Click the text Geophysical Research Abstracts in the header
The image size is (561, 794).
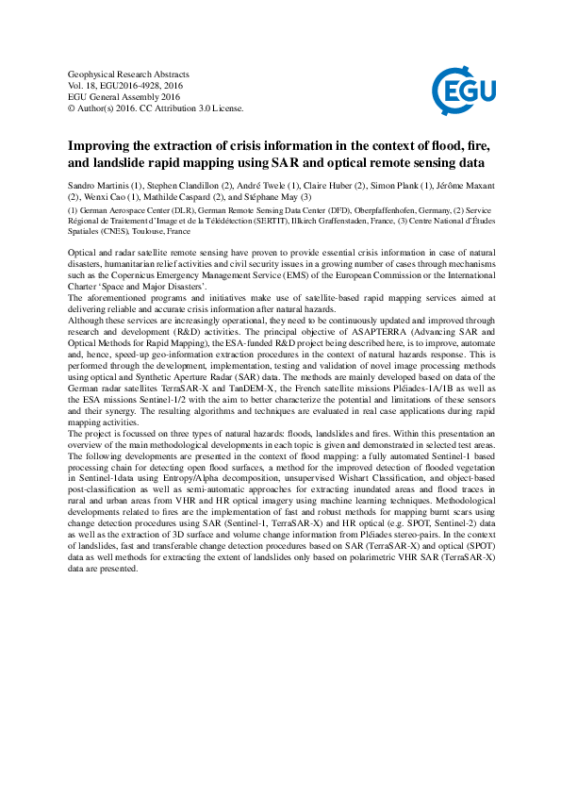point(130,74)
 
